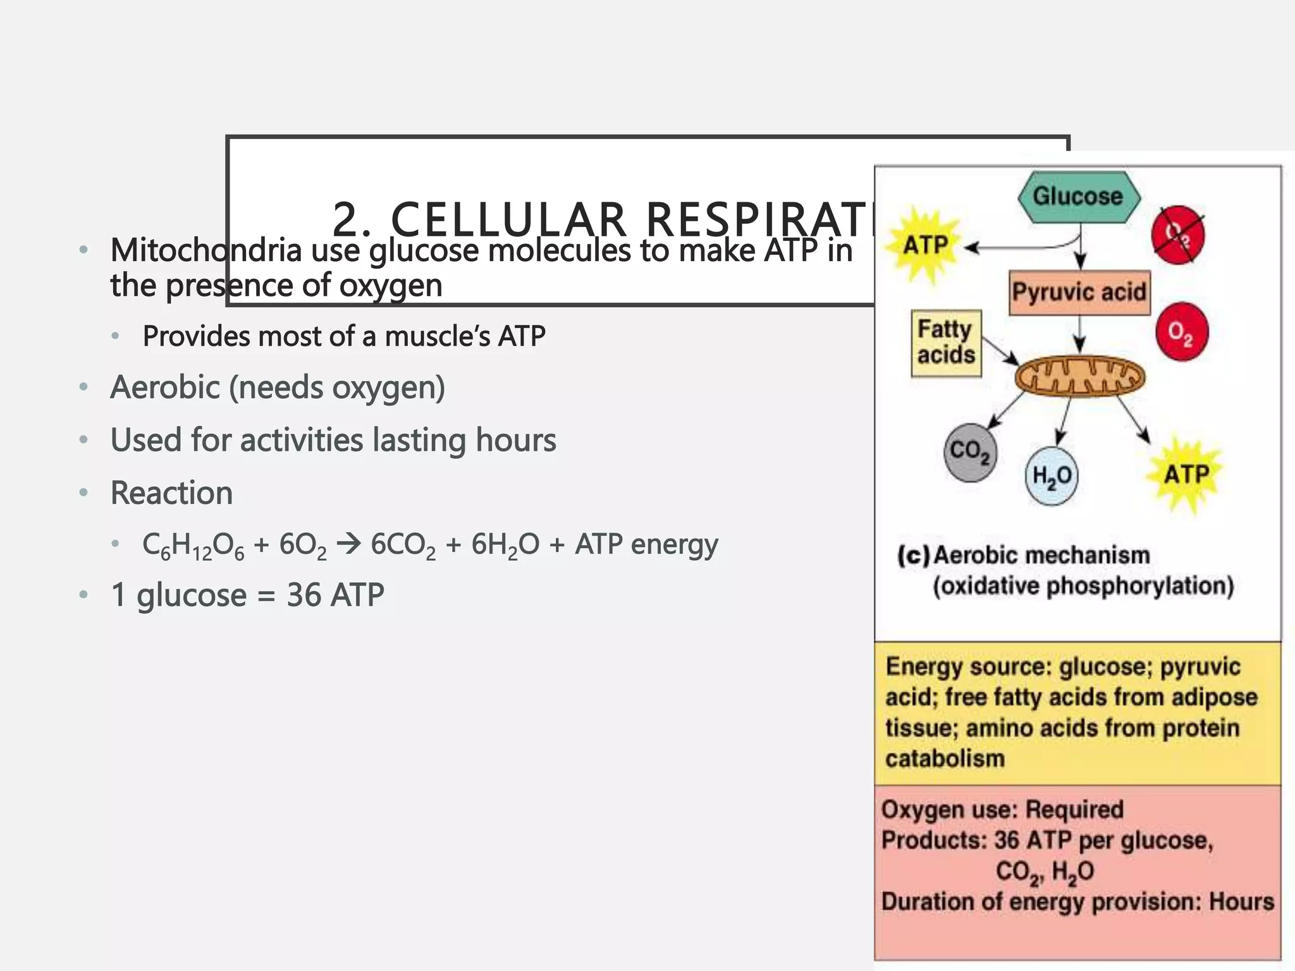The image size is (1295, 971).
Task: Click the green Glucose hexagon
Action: pyautogui.click(x=1079, y=197)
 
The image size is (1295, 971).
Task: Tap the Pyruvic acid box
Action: pyautogui.click(x=1079, y=292)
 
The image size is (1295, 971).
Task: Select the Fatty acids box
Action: pyautogui.click(x=946, y=343)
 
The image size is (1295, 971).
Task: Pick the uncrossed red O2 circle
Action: pyautogui.click(x=1181, y=332)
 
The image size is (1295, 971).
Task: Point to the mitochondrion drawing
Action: pyautogui.click(x=1079, y=377)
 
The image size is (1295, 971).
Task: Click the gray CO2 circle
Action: pyautogui.click(x=970, y=451)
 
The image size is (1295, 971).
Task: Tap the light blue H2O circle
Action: pyautogui.click(x=1052, y=476)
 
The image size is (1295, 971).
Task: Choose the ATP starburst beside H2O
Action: pyautogui.click(x=1186, y=474)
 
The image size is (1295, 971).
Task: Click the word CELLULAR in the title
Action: pyautogui.click(x=508, y=220)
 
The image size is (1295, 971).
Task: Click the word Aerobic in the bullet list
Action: pyautogui.click(x=165, y=388)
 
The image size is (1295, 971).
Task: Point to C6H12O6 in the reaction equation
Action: pyautogui.click(x=193, y=545)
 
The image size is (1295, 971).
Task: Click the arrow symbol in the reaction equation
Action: pyautogui.click(x=348, y=544)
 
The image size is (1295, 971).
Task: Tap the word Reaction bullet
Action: pyautogui.click(x=171, y=493)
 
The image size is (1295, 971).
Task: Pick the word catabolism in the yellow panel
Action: pyautogui.click(x=945, y=759)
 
